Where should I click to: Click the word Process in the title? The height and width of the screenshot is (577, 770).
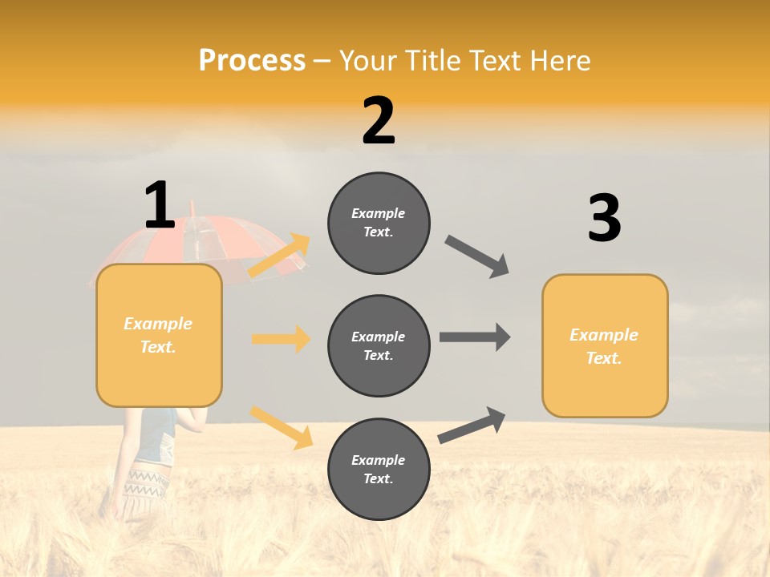[252, 61]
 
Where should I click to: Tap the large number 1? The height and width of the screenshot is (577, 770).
[160, 205]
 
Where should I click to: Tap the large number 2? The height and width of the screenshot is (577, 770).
[379, 121]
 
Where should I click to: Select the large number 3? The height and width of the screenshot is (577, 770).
[604, 218]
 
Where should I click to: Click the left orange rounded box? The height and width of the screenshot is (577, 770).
[159, 335]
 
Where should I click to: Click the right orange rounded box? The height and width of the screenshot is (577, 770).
[605, 345]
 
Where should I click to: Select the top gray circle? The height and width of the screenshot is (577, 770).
[379, 223]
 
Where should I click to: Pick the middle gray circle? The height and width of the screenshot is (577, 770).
[379, 345]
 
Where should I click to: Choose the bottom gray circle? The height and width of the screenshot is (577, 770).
[379, 469]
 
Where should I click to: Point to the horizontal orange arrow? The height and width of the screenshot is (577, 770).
[281, 339]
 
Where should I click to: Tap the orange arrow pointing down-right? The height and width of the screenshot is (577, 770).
[281, 427]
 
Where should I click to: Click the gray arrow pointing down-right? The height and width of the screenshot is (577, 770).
[477, 256]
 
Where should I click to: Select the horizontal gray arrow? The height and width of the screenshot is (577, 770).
[474, 337]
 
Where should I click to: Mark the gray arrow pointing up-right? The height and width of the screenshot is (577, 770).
[472, 425]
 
